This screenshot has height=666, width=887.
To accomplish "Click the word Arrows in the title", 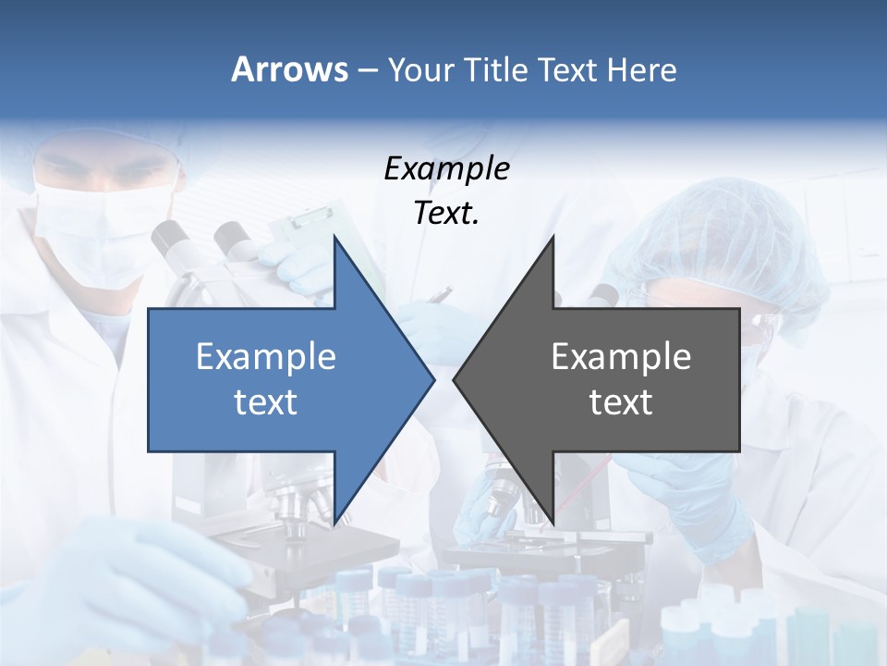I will pos(289,69).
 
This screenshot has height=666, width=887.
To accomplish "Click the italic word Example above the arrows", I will pos(446,169).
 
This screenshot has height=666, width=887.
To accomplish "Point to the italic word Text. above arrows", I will pos(446,214).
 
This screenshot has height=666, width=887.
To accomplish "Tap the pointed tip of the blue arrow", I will pos(431,379).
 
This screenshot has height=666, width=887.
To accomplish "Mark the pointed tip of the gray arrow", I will pos(456,379).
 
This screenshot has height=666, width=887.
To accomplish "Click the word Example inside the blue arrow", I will pos(266,356).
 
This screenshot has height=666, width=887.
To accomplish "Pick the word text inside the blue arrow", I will pos(266,401).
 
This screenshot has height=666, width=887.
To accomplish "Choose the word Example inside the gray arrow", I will pos(621,356).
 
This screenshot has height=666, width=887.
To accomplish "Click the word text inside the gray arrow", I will pos(621,401).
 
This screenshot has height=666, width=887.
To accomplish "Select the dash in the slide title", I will pos(367,71).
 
